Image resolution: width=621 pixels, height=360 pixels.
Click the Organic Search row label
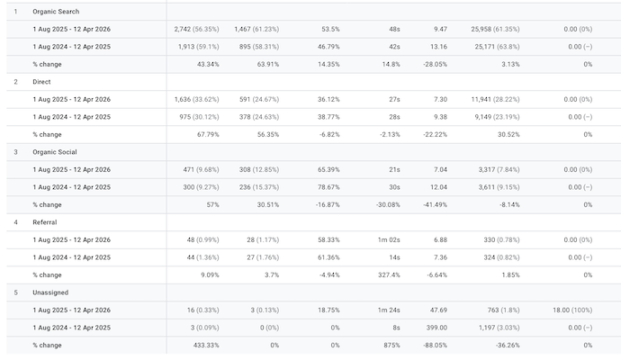[x=56, y=12]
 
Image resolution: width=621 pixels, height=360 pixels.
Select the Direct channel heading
[x=43, y=82]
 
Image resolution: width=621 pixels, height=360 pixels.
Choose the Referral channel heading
[x=47, y=222]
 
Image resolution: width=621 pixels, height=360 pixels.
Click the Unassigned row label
[x=50, y=292]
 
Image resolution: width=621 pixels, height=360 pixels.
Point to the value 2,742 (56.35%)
[x=196, y=29]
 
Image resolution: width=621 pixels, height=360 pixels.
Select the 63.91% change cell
[x=263, y=64]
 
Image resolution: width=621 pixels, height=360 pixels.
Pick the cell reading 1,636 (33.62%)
[x=196, y=99]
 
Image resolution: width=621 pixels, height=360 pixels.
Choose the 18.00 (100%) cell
[x=572, y=310]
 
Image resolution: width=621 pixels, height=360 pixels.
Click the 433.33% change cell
[x=203, y=345]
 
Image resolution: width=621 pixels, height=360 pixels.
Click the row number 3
[x=15, y=152]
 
